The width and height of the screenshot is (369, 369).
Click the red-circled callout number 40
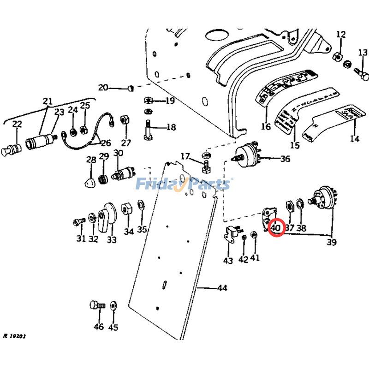(276, 228)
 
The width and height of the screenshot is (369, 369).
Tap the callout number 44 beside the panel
(222, 288)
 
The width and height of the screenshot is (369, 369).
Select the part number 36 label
(285, 159)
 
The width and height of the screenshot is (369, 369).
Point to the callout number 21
(48, 101)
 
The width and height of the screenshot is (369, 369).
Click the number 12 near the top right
(341, 34)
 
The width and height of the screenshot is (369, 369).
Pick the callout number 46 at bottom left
(99, 327)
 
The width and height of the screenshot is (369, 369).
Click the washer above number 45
(114, 305)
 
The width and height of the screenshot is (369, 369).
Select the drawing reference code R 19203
(14, 336)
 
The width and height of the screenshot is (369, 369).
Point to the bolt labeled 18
(149, 128)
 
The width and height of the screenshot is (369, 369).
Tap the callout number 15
(295, 146)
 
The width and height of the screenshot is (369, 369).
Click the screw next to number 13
(360, 71)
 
